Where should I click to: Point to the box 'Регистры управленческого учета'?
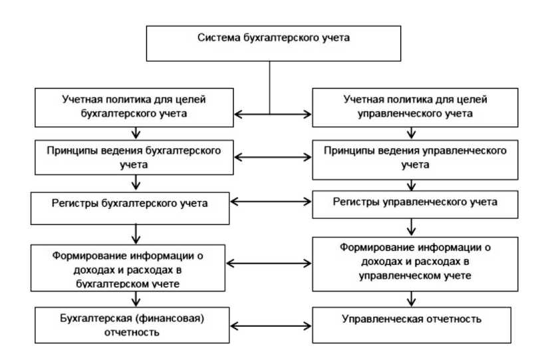pos(415,202)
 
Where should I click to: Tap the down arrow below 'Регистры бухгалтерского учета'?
pos(136,233)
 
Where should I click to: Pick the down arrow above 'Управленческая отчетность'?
pos(415,299)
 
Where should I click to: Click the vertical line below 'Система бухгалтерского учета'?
pos(269,87)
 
